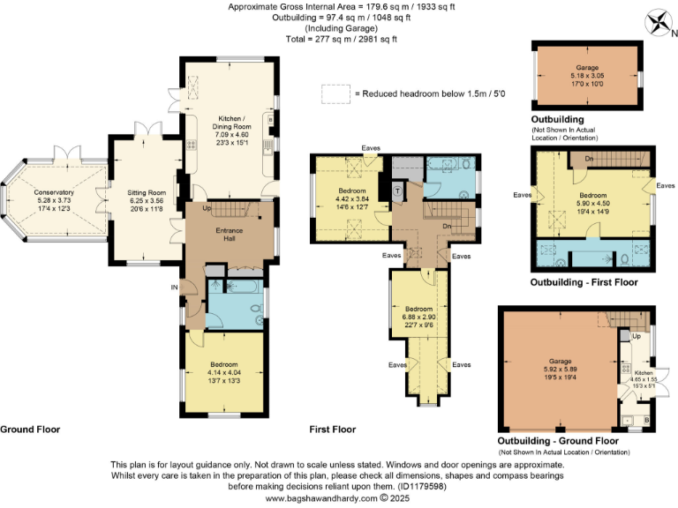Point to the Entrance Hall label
point(229,234)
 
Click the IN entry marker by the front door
point(175,287)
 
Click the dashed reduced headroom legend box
point(335,93)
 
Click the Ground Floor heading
point(31,430)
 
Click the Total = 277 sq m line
point(339,39)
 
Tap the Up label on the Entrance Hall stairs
point(207,209)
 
